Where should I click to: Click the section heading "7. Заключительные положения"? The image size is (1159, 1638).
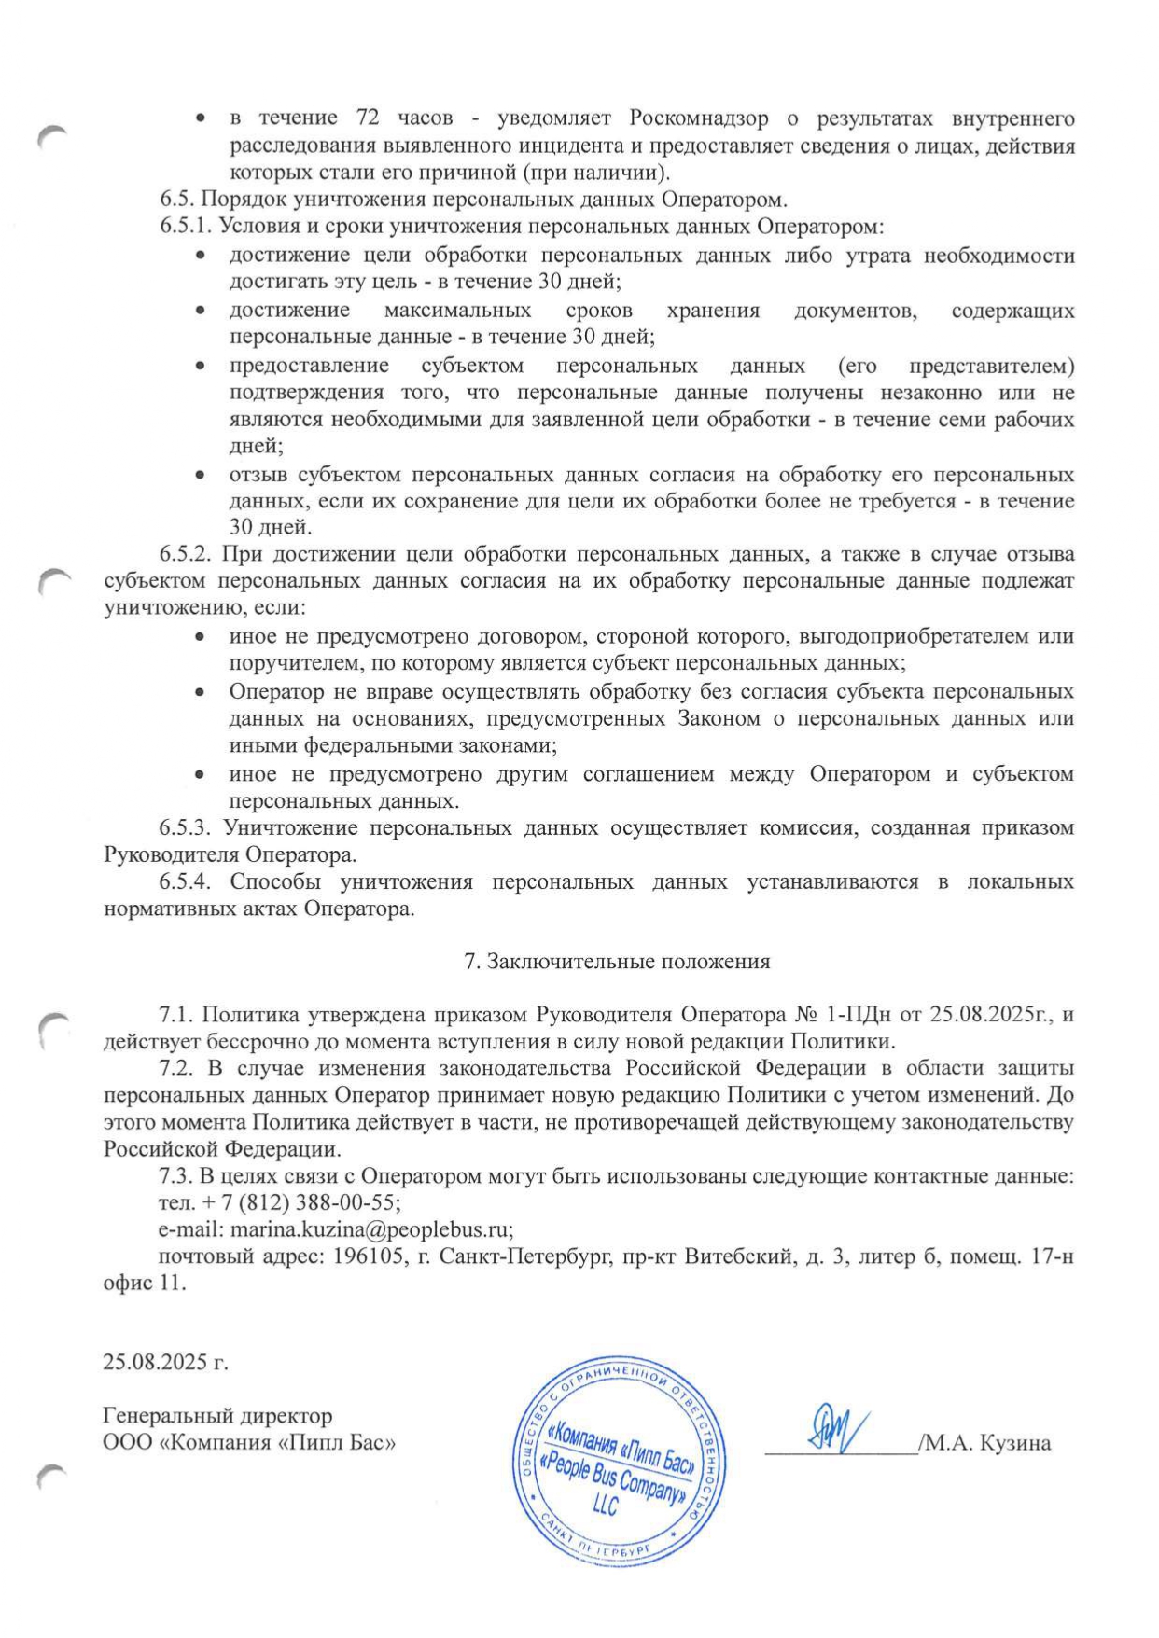pos(617,962)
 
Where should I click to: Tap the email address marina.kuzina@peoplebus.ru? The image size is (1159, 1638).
pos(371,1228)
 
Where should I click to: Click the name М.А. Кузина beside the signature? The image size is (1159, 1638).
pos(988,1444)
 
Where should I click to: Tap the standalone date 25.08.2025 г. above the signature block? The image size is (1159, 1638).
pos(165,1362)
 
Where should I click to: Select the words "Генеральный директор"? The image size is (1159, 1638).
pos(216,1416)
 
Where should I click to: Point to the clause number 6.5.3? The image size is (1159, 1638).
pos(188,827)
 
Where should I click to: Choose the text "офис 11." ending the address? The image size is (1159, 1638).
pos(145,1283)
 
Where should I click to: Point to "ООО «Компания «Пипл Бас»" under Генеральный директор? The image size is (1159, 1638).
pos(249,1443)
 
